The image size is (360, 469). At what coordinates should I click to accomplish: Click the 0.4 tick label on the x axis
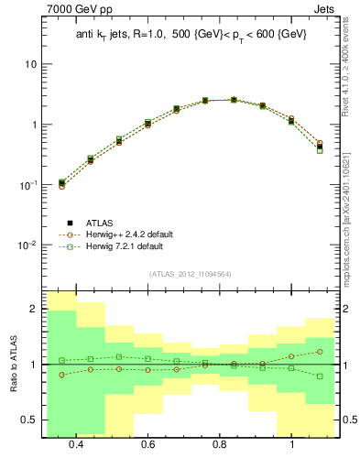pyautogui.click(x=76, y=444)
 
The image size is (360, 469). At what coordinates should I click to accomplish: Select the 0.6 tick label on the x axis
pyautogui.click(x=147, y=444)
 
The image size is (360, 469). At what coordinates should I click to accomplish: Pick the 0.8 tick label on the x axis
pyautogui.click(x=220, y=444)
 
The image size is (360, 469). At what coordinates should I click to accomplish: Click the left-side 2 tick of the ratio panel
pyautogui.click(x=33, y=310)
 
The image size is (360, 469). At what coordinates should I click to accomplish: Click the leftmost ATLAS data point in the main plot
pyautogui.click(x=61, y=183)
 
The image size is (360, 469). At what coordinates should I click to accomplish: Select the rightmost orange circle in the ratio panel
pyautogui.click(x=320, y=352)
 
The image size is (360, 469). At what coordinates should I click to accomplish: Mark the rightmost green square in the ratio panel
pyautogui.click(x=320, y=376)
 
